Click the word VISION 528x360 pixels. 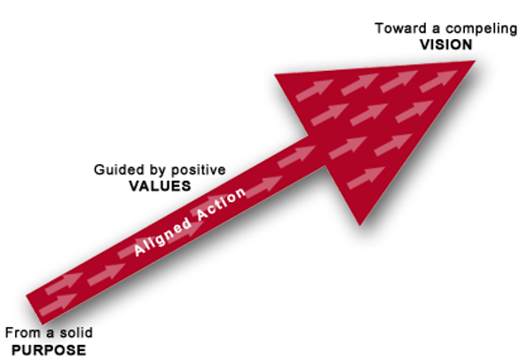[445, 44]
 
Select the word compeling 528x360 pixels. [482, 29]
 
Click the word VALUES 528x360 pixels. [160, 185]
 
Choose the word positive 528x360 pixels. [199, 170]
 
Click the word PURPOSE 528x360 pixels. [49, 350]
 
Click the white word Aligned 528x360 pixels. [162, 237]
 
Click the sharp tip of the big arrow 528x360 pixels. [475, 61]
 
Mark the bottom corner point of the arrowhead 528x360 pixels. [359, 225]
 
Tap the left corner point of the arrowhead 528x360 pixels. [274, 74]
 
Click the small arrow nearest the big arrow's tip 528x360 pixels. [438, 81]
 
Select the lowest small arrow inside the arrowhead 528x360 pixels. [366, 177]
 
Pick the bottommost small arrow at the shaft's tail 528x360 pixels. [58, 305]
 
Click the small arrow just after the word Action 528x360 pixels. [264, 187]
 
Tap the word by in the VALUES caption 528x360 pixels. [158, 170]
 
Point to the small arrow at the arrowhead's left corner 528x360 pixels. [314, 90]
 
